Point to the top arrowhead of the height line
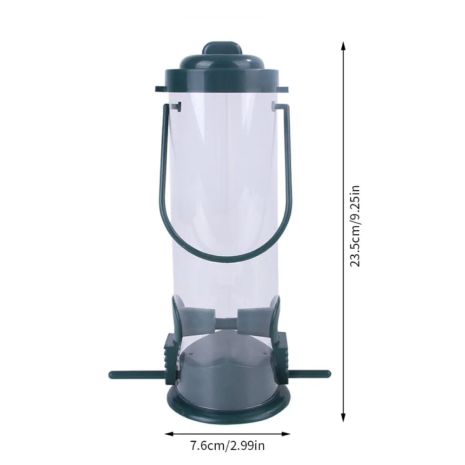pyautogui.click(x=344, y=46)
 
